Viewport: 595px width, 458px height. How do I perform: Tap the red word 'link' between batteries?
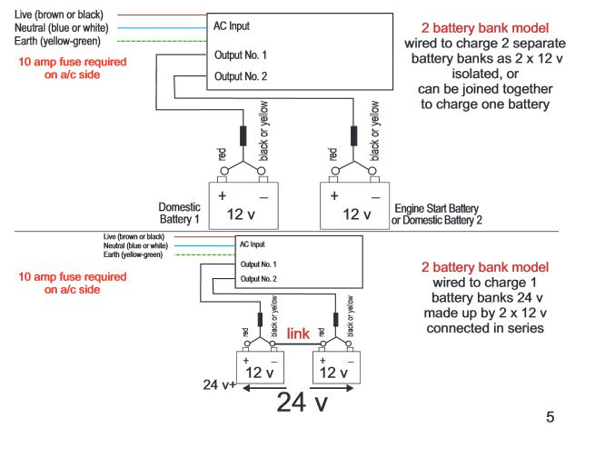pyautogui.click(x=300, y=334)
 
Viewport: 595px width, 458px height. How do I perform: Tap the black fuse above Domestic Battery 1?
pyautogui.click(x=243, y=135)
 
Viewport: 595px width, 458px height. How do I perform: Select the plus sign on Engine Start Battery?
pyautogui.click(x=334, y=194)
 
